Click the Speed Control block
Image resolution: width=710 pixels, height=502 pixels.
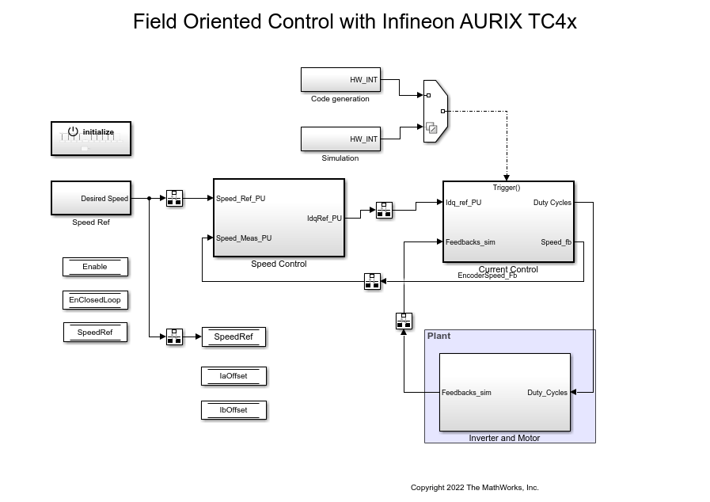279,218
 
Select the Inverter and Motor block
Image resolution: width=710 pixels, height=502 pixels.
504,393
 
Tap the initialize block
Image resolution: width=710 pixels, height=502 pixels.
91,139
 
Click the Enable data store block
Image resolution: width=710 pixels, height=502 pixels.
95,267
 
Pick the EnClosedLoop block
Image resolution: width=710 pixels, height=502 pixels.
95,300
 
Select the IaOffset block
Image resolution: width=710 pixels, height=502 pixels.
234,376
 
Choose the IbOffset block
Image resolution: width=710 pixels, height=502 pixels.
234,410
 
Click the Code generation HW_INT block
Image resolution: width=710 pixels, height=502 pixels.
340,79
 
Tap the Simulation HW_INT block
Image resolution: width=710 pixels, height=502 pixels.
340,139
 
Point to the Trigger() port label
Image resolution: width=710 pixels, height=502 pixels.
507,188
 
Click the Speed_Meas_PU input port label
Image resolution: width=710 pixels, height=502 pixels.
244,238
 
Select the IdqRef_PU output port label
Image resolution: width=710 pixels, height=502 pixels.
325,219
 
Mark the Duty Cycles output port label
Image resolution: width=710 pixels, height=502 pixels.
552,203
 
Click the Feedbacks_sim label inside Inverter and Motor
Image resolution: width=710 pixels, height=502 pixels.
466,393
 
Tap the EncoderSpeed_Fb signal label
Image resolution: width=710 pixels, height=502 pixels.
487,276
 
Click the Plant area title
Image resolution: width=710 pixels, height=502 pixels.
439,336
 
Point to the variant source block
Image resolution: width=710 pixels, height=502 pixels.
435,111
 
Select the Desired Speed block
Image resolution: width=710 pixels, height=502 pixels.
91,198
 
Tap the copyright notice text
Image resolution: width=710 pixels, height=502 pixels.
474,487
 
